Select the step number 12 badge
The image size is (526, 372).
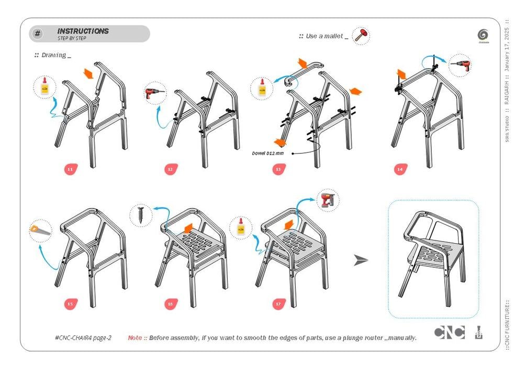coord(170,169)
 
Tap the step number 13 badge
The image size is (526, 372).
coord(278,169)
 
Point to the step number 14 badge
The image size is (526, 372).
coord(400,169)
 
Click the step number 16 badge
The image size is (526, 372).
coord(170,303)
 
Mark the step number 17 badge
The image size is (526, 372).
coord(278,303)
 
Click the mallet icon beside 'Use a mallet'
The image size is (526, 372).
coord(360,36)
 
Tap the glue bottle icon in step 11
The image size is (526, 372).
coord(44,87)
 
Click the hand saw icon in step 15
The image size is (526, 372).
coord(41,231)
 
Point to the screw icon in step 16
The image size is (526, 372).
coord(141,214)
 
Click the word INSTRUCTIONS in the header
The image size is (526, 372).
coord(83,31)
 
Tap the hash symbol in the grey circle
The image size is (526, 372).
coord(38,34)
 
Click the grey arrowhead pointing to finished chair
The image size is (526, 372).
coord(361,260)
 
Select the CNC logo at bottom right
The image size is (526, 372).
coord(449,333)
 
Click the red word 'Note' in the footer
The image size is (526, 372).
coord(135,338)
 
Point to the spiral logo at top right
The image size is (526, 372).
coord(483,35)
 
